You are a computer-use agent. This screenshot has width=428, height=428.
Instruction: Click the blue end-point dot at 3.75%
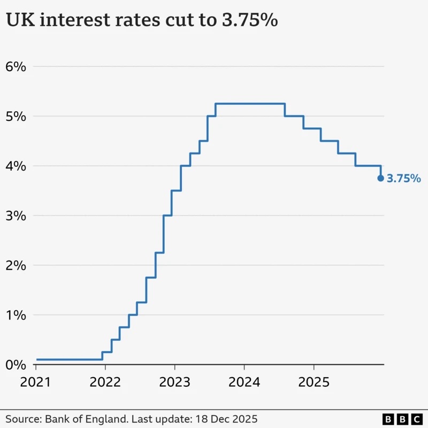pos(380,178)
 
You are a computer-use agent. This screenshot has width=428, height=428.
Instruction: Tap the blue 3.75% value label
pos(404,179)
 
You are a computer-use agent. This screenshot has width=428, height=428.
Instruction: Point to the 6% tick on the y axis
pos(16,67)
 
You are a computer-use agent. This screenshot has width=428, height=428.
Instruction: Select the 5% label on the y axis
pos(16,116)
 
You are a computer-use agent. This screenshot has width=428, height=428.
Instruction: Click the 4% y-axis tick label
pos(16,166)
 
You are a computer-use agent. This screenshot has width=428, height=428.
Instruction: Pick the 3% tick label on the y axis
pos(16,216)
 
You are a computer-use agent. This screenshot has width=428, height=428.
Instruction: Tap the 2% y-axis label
pos(16,265)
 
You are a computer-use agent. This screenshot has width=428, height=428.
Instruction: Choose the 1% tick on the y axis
pos(16,315)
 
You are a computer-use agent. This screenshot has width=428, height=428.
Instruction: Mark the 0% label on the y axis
pos(16,365)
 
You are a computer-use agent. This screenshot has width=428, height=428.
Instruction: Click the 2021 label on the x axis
pos(36,383)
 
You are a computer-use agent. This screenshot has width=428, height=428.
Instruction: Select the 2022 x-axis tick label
pos(105,383)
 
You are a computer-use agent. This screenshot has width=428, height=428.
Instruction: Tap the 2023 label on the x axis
pos(174,383)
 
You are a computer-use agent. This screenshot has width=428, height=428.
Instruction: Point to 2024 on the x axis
pos(244,383)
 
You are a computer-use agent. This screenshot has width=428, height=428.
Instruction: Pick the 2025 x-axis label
pos(313,383)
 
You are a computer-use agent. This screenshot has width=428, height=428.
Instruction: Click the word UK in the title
pos(18,21)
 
